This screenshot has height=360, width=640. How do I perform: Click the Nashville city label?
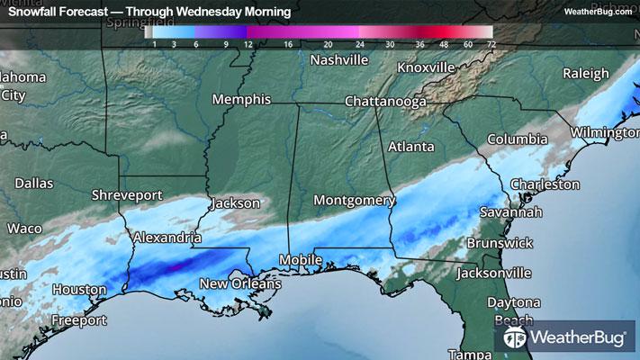338,60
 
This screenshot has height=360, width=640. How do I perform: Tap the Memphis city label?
241,99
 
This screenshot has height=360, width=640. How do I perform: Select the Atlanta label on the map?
410,146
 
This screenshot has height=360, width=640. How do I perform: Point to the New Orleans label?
240,283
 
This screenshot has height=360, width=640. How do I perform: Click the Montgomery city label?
354,199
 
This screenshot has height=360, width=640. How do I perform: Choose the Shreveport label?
127,194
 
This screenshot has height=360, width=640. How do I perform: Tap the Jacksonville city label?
494,272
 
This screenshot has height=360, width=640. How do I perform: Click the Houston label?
80,289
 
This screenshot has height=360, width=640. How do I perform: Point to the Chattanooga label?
385,102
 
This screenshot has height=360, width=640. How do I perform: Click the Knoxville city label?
426,67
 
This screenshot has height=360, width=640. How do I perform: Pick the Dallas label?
33,183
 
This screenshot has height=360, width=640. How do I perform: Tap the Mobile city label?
300,260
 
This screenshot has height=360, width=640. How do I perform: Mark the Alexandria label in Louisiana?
166,238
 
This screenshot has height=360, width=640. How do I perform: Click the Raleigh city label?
586,73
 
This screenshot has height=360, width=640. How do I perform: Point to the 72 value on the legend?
490,43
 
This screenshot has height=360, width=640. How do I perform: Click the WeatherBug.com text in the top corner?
598,12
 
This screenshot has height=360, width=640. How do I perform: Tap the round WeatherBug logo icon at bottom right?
516,339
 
